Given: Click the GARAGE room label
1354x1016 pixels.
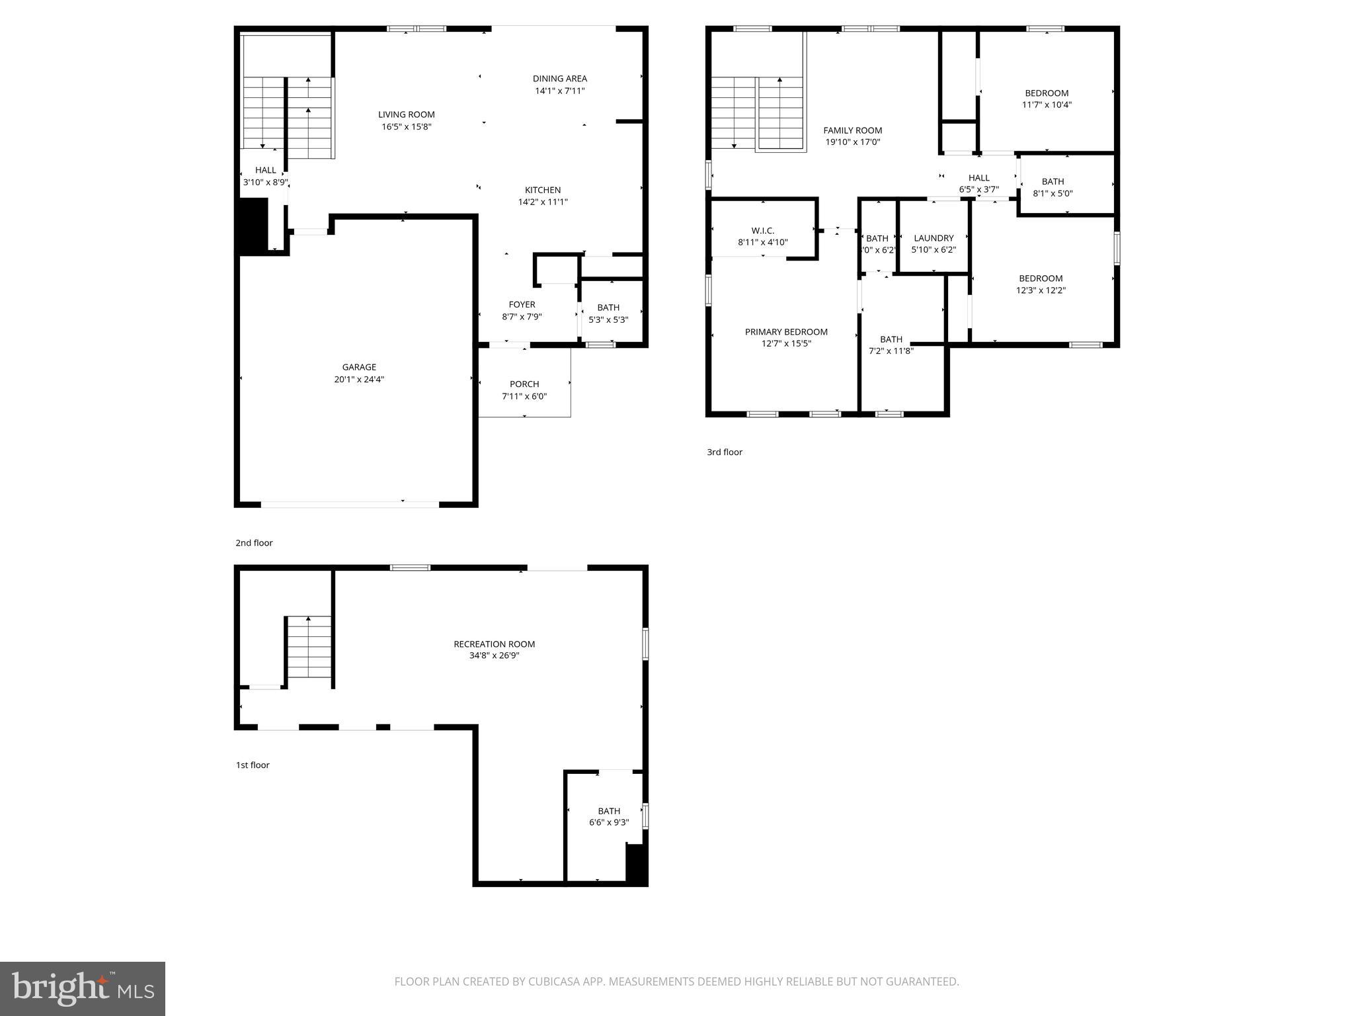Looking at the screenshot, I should pyautogui.click(x=359, y=367).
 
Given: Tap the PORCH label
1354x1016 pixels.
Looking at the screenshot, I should pyautogui.click(x=524, y=384).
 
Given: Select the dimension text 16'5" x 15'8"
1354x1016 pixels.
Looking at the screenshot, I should pyautogui.click(x=406, y=126).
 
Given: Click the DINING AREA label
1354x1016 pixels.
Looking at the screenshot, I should pyautogui.click(x=560, y=79).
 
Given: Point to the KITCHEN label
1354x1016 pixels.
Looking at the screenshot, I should pyautogui.click(x=543, y=190).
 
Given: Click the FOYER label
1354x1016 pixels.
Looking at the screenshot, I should pyautogui.click(x=522, y=304).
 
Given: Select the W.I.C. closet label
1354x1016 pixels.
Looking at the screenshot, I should pyautogui.click(x=762, y=230).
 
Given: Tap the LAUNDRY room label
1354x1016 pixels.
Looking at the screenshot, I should pyautogui.click(x=934, y=238).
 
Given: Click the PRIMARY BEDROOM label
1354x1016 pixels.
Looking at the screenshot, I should pyautogui.click(x=786, y=332).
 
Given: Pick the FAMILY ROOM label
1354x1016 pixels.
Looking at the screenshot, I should pyautogui.click(x=852, y=130).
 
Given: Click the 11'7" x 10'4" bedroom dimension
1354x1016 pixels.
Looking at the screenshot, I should pyautogui.click(x=1047, y=105).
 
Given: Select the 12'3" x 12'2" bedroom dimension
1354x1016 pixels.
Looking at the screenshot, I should pyautogui.click(x=1041, y=290).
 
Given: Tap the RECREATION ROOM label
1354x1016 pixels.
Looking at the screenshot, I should pyautogui.click(x=494, y=644).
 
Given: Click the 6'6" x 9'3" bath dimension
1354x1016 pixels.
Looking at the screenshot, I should pyautogui.click(x=609, y=822).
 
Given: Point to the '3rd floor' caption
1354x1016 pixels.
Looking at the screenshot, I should pyautogui.click(x=725, y=452).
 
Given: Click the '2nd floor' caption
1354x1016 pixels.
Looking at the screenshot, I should pyautogui.click(x=254, y=542).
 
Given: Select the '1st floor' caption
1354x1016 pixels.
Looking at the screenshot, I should pyautogui.click(x=253, y=765).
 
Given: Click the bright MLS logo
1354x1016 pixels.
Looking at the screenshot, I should pyautogui.click(x=82, y=988).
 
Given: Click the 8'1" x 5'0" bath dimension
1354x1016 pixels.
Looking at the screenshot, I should pyautogui.click(x=1053, y=194).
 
